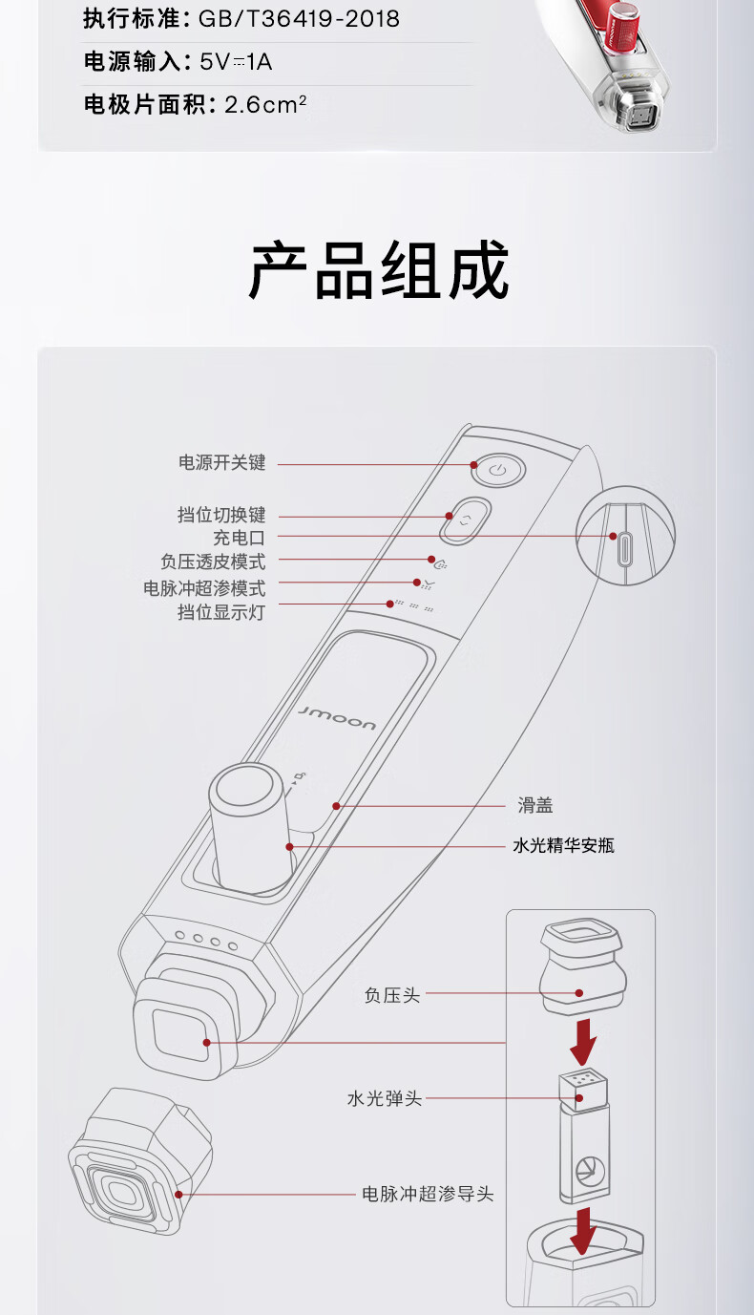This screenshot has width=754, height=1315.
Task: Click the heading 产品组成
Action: click(x=379, y=271)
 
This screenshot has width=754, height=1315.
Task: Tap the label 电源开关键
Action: click(x=222, y=463)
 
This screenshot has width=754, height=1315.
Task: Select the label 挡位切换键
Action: click(x=221, y=516)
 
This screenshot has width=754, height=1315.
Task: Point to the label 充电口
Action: click(x=239, y=538)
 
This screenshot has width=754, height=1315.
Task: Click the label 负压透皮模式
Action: click(x=213, y=562)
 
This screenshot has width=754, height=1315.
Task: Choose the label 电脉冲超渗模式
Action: click(x=204, y=587)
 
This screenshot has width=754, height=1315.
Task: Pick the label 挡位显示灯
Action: click(x=221, y=612)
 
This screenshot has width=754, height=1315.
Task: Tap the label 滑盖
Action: click(x=535, y=806)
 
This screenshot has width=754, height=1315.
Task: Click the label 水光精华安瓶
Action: click(x=564, y=845)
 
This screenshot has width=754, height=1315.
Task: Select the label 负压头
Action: click(x=391, y=994)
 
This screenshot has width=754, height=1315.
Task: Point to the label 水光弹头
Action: click(x=384, y=1099)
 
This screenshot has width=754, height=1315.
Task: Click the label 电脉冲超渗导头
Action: click(x=428, y=1194)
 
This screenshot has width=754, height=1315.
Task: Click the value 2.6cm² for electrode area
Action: click(x=265, y=104)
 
